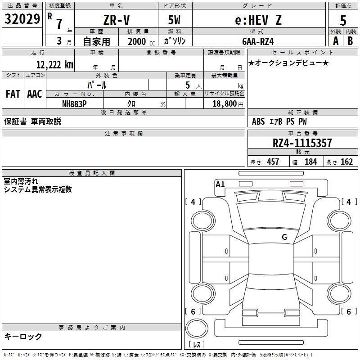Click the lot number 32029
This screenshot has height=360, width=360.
[x=22, y=19]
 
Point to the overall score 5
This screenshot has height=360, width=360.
[x=343, y=20]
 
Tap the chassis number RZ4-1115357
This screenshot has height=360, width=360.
[x=302, y=143]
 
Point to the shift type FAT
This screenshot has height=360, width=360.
[x=13, y=94]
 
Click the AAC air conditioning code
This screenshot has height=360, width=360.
[x=35, y=94]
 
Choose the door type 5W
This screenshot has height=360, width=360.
[x=175, y=20]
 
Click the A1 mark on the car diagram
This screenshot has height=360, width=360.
[x=220, y=184]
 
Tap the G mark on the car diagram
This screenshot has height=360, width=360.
[x=284, y=237]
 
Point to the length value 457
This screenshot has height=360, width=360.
[x=273, y=162]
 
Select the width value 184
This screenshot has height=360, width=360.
[x=310, y=162]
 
